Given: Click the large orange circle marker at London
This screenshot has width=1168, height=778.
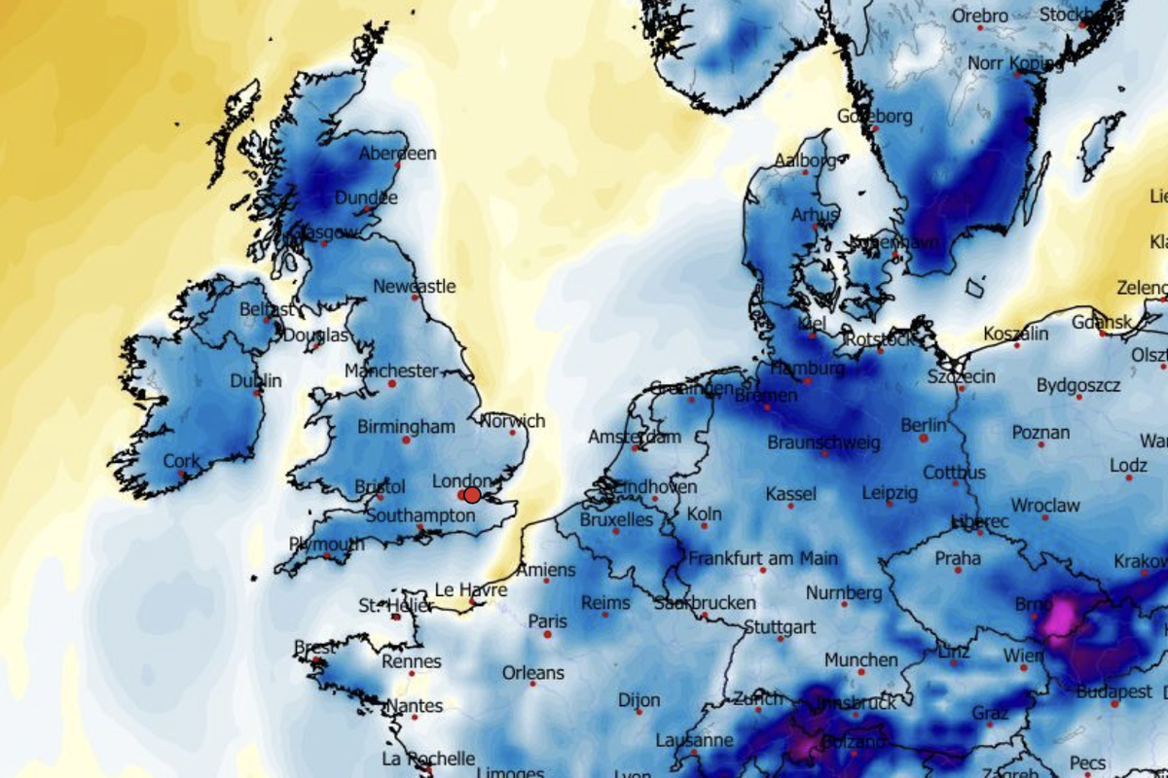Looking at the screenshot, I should tap(472, 494).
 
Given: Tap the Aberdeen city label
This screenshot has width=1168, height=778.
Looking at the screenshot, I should tap(397, 154).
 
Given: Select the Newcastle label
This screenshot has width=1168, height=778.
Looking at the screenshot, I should tap(415, 287).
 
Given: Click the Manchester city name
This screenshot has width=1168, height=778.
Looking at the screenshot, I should tap(391, 371).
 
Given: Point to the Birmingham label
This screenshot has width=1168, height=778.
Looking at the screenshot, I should tap(406, 427).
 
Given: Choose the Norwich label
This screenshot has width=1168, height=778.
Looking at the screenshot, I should tap(513, 421).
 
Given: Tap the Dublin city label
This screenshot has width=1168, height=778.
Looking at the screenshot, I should tap(256, 380).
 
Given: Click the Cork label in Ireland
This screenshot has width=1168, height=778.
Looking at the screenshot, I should tap(182, 461).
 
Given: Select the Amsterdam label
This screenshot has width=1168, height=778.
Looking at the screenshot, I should tap(635, 437).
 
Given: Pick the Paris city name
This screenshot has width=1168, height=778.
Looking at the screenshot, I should tap(547, 620).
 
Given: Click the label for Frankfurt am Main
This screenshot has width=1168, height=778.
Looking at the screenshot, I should tap(763, 559).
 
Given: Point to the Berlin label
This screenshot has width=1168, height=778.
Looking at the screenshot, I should tap(924, 425).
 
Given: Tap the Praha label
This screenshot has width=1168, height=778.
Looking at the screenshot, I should tap(958, 559).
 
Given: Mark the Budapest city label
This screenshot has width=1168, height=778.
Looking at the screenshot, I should tap(1114, 692).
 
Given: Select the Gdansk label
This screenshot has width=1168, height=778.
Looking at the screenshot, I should tap(1104, 321).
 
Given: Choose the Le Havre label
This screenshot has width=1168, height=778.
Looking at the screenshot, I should tap(470, 589).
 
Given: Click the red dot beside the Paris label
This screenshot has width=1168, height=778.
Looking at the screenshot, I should tap(547, 634).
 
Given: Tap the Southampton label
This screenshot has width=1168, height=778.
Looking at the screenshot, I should tap(420, 516).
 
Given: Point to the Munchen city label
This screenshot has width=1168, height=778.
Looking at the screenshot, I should tap(860, 659).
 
